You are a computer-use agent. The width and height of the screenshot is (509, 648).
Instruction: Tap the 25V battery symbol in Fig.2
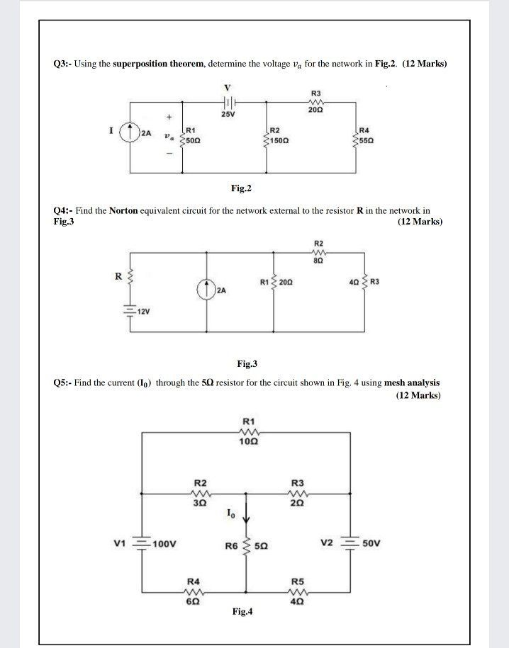tap(228, 101)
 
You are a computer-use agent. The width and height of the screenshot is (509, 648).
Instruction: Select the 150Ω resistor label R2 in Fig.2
tap(276, 130)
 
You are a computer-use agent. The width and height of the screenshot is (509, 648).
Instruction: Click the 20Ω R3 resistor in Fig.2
tap(315, 102)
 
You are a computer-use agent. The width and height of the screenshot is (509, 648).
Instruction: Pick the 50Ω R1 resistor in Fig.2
tap(184, 135)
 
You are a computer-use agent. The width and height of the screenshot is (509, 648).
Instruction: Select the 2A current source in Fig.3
tap(206, 290)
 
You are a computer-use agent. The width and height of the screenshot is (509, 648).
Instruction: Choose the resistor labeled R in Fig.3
tap(131, 277)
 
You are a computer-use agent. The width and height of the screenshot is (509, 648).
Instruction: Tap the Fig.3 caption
tap(247, 364)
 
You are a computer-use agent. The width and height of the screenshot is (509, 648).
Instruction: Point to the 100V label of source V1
tap(164, 545)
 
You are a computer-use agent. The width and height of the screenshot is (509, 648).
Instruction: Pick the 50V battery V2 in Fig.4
tap(347, 544)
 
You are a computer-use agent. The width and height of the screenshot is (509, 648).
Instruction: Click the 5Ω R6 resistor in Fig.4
tap(247, 546)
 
